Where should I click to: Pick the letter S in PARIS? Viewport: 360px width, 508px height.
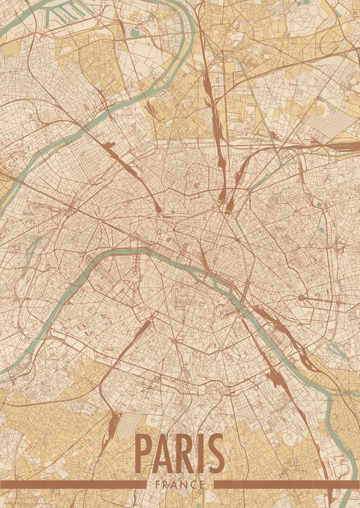[x=216, y=454]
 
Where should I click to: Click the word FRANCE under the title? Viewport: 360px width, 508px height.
[x=180, y=485]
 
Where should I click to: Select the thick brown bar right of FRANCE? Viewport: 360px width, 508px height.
[x=287, y=484]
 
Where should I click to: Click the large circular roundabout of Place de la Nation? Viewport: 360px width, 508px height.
[x=301, y=298]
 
